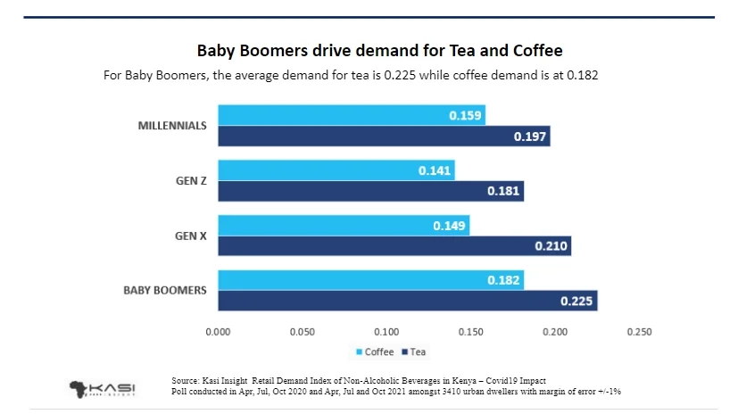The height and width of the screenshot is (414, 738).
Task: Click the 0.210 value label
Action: pos(551,246)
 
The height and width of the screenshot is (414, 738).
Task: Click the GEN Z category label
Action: pos(191,181)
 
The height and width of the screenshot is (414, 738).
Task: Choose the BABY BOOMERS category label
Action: pos(164,290)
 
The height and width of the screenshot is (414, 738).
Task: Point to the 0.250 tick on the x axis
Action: pos(639,332)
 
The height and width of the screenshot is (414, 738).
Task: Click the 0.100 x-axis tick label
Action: pos(386,332)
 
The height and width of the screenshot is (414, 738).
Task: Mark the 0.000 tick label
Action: pos(219,332)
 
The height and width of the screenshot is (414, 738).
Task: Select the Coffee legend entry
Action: pos(375,352)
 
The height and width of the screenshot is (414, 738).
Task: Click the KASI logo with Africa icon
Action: pos(102,388)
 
